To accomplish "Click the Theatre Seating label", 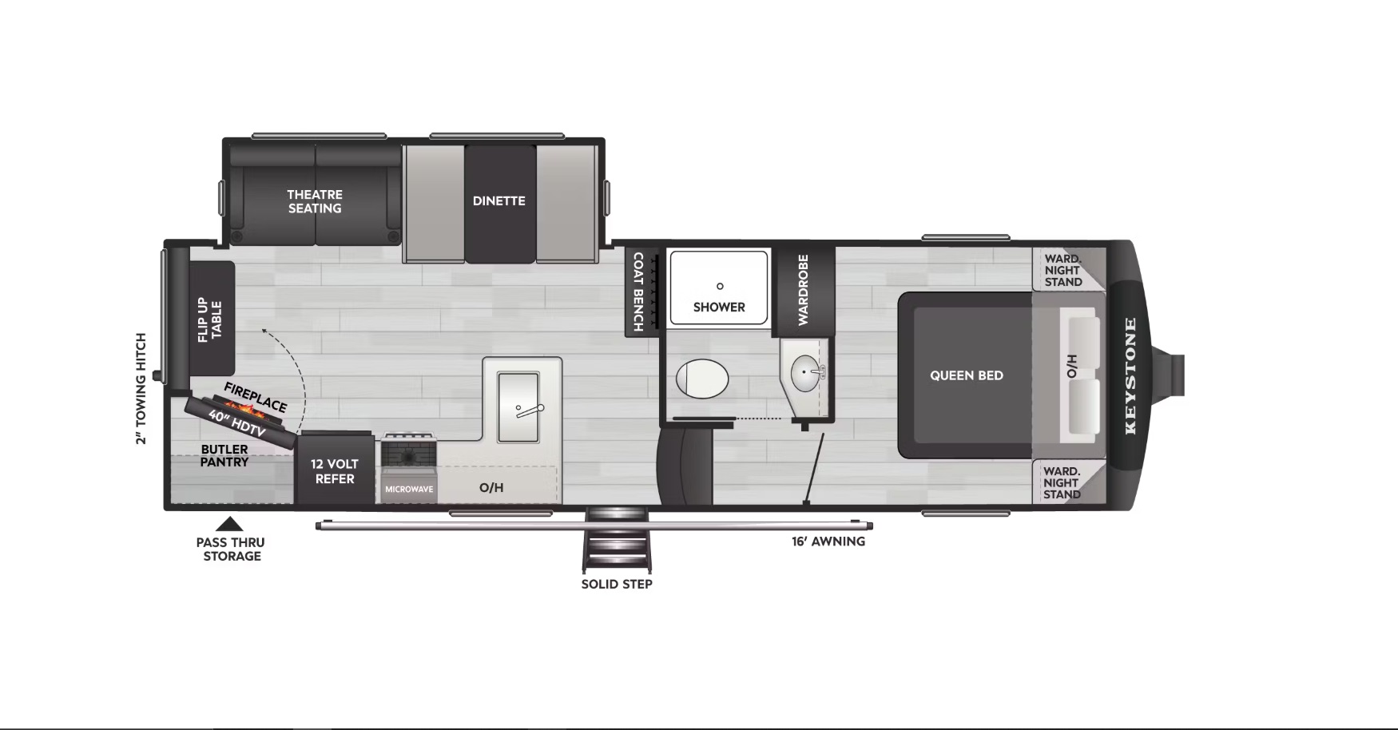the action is tap(315, 201).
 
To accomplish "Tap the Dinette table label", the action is tap(499, 201).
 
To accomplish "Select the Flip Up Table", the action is tap(212, 319).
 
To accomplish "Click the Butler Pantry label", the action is tap(224, 455).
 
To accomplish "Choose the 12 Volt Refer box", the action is tap(335, 469).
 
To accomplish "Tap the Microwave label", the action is tap(409, 489).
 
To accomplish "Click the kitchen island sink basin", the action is tap(518, 407).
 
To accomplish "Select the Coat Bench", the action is tap(641, 292).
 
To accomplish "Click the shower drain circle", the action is tap(720, 286).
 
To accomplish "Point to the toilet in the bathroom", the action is tap(702, 379).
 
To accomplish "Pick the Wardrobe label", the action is tap(804, 290).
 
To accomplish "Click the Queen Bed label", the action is tap(967, 375).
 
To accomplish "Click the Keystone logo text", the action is tap(1130, 375).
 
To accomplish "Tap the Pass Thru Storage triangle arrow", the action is tap(230, 524).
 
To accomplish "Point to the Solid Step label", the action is tap(617, 584).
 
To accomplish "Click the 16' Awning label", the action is tap(828, 542).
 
